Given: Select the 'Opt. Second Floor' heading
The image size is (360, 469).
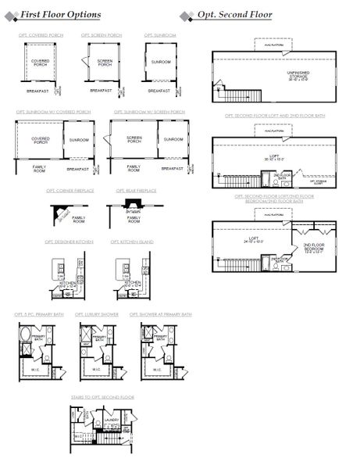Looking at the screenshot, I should (x=235, y=15).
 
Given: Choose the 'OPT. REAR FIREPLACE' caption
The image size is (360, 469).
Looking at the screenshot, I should (x=136, y=190).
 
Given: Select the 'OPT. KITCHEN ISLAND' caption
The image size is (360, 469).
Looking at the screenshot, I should (x=132, y=242).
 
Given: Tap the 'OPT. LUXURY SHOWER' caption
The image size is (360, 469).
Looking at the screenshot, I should (x=95, y=313).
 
